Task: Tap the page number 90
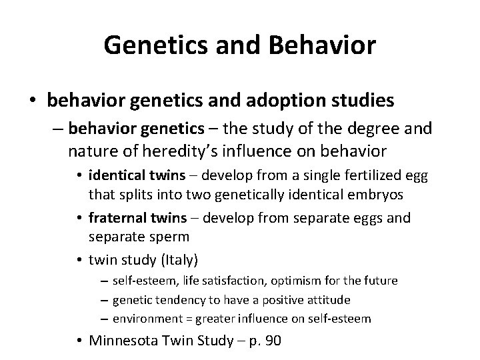pos(272,342)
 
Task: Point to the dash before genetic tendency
pos(103,299)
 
